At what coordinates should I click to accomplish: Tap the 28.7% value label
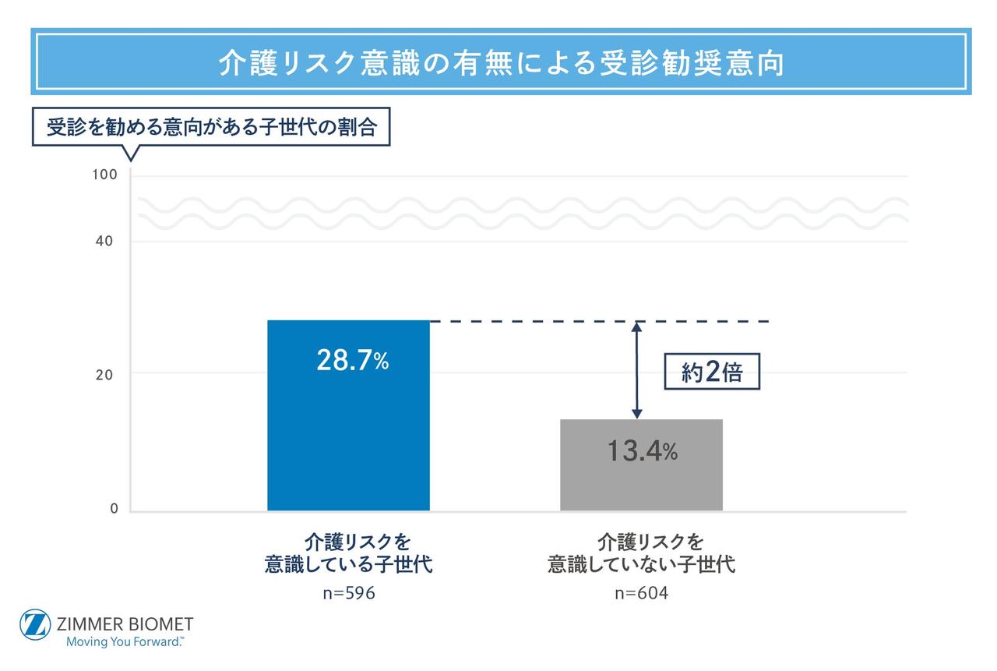coord(352,360)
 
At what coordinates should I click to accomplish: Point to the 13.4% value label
coord(642,450)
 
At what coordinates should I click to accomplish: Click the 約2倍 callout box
coord(711,373)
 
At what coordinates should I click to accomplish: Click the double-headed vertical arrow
coord(636,370)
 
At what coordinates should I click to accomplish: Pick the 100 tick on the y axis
coord(104,175)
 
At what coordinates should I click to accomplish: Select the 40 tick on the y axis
coord(104,241)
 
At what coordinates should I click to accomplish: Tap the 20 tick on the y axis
coord(104,374)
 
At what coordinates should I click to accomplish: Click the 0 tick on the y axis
coord(114,509)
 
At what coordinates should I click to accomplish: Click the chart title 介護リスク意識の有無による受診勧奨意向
coord(500,63)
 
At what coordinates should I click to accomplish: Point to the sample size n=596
coord(349,593)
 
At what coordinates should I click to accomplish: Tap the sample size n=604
coord(641,593)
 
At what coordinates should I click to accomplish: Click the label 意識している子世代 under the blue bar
coord(349,564)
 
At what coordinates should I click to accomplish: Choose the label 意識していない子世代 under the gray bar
coord(641,564)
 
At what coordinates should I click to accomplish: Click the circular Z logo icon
coord(35,625)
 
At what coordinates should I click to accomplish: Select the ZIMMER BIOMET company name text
coord(125,623)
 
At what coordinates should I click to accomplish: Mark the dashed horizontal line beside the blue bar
coord(600,321)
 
